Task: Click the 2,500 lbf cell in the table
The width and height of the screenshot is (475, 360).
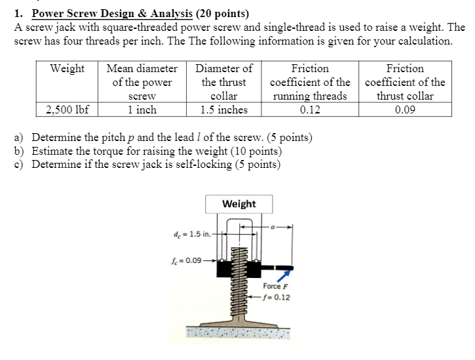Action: (x=67, y=110)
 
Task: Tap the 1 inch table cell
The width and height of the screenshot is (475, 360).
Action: (x=142, y=110)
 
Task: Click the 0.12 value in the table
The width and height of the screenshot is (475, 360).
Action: (x=310, y=110)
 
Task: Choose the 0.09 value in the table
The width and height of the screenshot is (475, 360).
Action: (x=405, y=110)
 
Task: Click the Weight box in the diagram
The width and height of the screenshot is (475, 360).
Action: (x=239, y=204)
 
